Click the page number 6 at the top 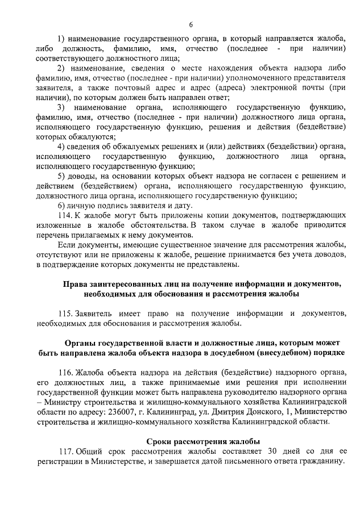coord(191,24)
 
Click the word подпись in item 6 coord(112,205)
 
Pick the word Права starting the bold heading coord(75,284)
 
